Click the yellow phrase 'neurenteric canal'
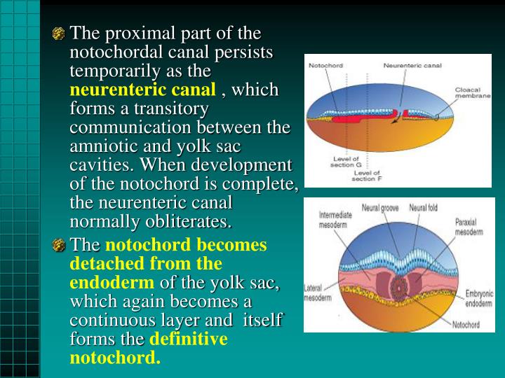(x=142, y=90)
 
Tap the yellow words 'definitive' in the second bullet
(x=189, y=339)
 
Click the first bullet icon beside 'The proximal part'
(x=60, y=34)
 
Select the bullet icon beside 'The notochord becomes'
(x=60, y=246)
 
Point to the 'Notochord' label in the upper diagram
(x=325, y=66)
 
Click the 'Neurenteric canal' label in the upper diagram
(x=412, y=66)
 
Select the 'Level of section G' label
(x=348, y=162)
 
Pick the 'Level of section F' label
(x=367, y=175)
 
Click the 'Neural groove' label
(x=380, y=208)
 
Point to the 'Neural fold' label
(x=424, y=208)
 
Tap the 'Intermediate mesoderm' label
(x=336, y=219)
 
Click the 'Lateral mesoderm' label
(x=317, y=293)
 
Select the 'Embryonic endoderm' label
(x=479, y=299)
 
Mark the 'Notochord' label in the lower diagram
(x=466, y=324)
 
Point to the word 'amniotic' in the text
(x=102, y=147)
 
